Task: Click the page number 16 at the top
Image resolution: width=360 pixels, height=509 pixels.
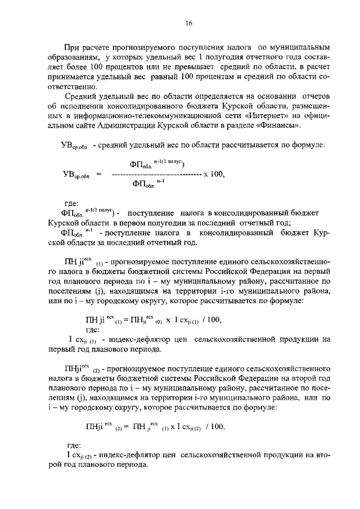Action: click(189, 23)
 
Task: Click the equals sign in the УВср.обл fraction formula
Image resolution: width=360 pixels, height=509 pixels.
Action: click(98, 174)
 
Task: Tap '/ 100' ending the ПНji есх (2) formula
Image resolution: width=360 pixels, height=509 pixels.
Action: click(215, 426)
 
